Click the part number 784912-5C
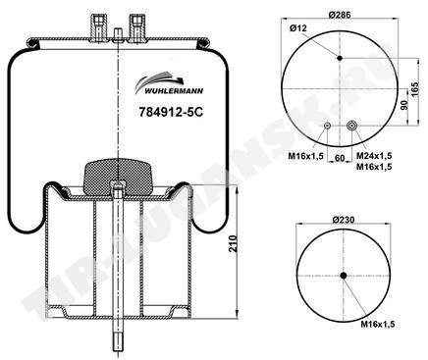point(171,112)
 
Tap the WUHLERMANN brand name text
point(174,91)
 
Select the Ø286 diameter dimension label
point(340,15)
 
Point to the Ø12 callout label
point(298,28)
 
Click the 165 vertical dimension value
point(414,89)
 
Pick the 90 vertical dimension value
point(404,105)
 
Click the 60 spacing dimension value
point(341,158)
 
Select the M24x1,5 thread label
point(374,156)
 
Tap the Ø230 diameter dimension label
point(343,220)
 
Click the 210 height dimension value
point(233,243)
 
